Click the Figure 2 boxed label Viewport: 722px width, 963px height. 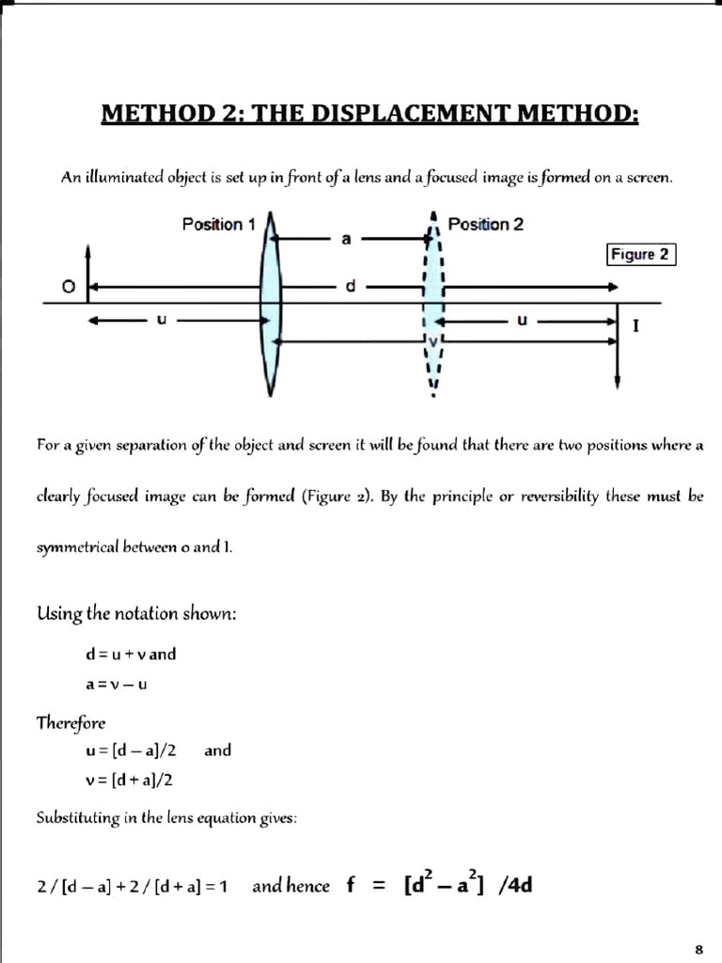point(643,254)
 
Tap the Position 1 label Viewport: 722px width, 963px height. point(218,225)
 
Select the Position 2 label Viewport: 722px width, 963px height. point(486,225)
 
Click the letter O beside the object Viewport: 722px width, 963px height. point(68,288)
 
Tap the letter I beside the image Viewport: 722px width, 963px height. point(637,326)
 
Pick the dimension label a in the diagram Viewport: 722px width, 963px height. point(346,241)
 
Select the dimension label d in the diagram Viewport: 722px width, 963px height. point(350,286)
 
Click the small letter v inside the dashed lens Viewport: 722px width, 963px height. point(432,339)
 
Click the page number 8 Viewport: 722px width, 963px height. point(698,947)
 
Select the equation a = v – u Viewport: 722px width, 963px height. point(116,685)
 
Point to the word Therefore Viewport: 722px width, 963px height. point(71,722)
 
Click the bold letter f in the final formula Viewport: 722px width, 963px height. point(352,885)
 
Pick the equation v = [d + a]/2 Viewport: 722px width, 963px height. point(129,780)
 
